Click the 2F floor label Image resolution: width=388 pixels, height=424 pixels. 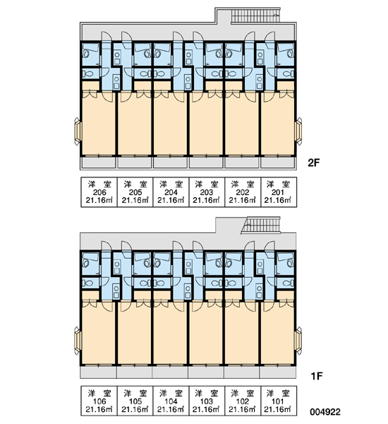pos(313,163)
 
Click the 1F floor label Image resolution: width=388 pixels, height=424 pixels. pos(317,376)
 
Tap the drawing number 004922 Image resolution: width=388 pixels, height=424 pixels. pos(325,412)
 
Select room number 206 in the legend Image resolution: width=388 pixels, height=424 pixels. pos(99,192)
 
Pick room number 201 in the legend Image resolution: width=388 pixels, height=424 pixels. pos(277,192)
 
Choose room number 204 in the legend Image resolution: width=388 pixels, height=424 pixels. pos(171,192)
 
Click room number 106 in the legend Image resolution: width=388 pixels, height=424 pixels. pos(99,401)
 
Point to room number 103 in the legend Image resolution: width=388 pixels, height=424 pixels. pos(207,401)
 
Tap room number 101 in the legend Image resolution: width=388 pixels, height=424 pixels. pos(277,401)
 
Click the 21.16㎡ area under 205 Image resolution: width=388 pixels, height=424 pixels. pos(135,201)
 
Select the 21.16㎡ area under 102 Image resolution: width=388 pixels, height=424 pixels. pos(242,409)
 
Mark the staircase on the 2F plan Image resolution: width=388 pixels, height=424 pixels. pos(255,15)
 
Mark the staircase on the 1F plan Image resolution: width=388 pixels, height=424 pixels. pos(261,225)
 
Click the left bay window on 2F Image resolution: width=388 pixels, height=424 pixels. pos(78,131)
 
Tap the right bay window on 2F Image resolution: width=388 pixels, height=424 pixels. pos(298,131)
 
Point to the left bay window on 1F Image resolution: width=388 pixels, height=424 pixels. pos(78,340)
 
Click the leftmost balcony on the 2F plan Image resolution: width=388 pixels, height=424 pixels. pos(99,163)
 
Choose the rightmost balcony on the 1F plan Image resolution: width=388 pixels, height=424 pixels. pos(277,372)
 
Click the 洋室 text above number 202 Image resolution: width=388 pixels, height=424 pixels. pos(243,184)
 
